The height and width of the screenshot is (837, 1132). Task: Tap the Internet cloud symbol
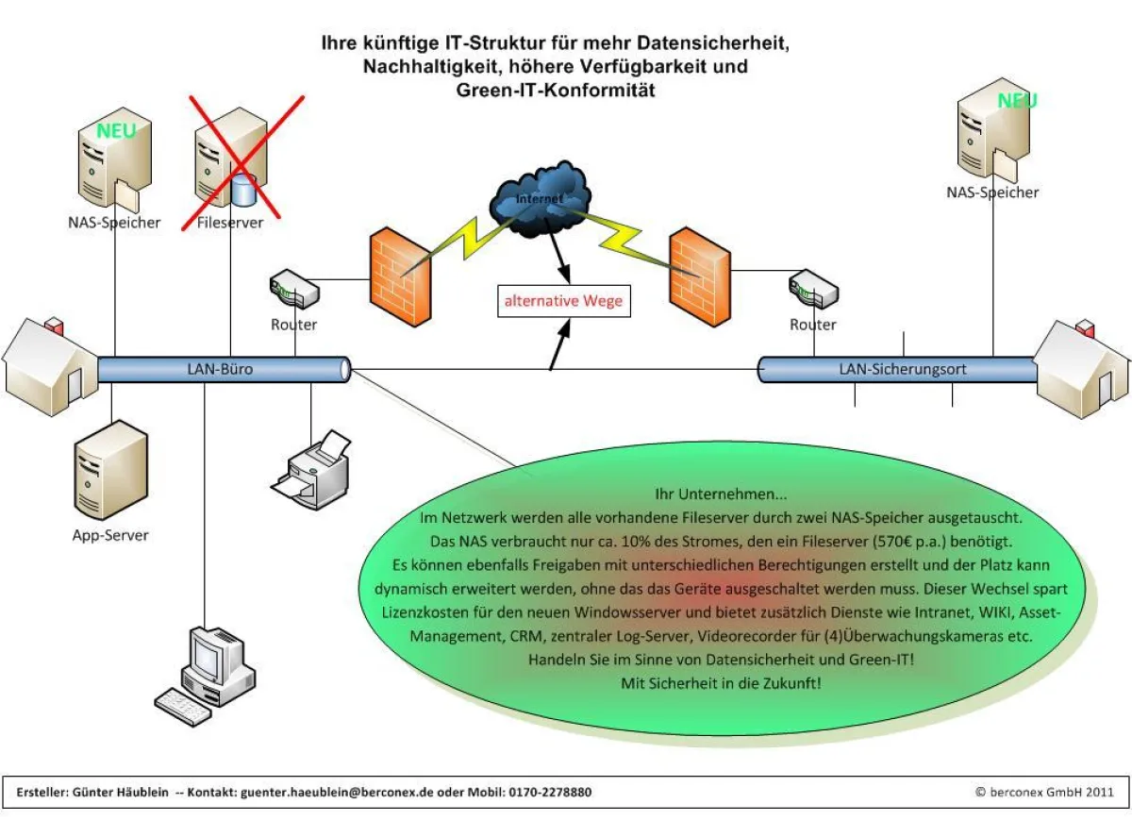tap(540, 200)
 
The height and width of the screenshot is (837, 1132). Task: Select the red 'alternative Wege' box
tap(562, 302)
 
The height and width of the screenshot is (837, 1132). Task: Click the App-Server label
tap(110, 535)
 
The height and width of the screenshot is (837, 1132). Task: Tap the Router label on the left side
tap(293, 325)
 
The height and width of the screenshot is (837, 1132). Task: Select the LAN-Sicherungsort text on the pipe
tap(903, 370)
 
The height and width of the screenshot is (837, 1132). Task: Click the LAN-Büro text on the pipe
tap(220, 370)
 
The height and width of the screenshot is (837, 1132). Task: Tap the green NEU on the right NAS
tap(1017, 100)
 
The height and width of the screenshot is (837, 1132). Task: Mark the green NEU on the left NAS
tap(116, 130)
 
